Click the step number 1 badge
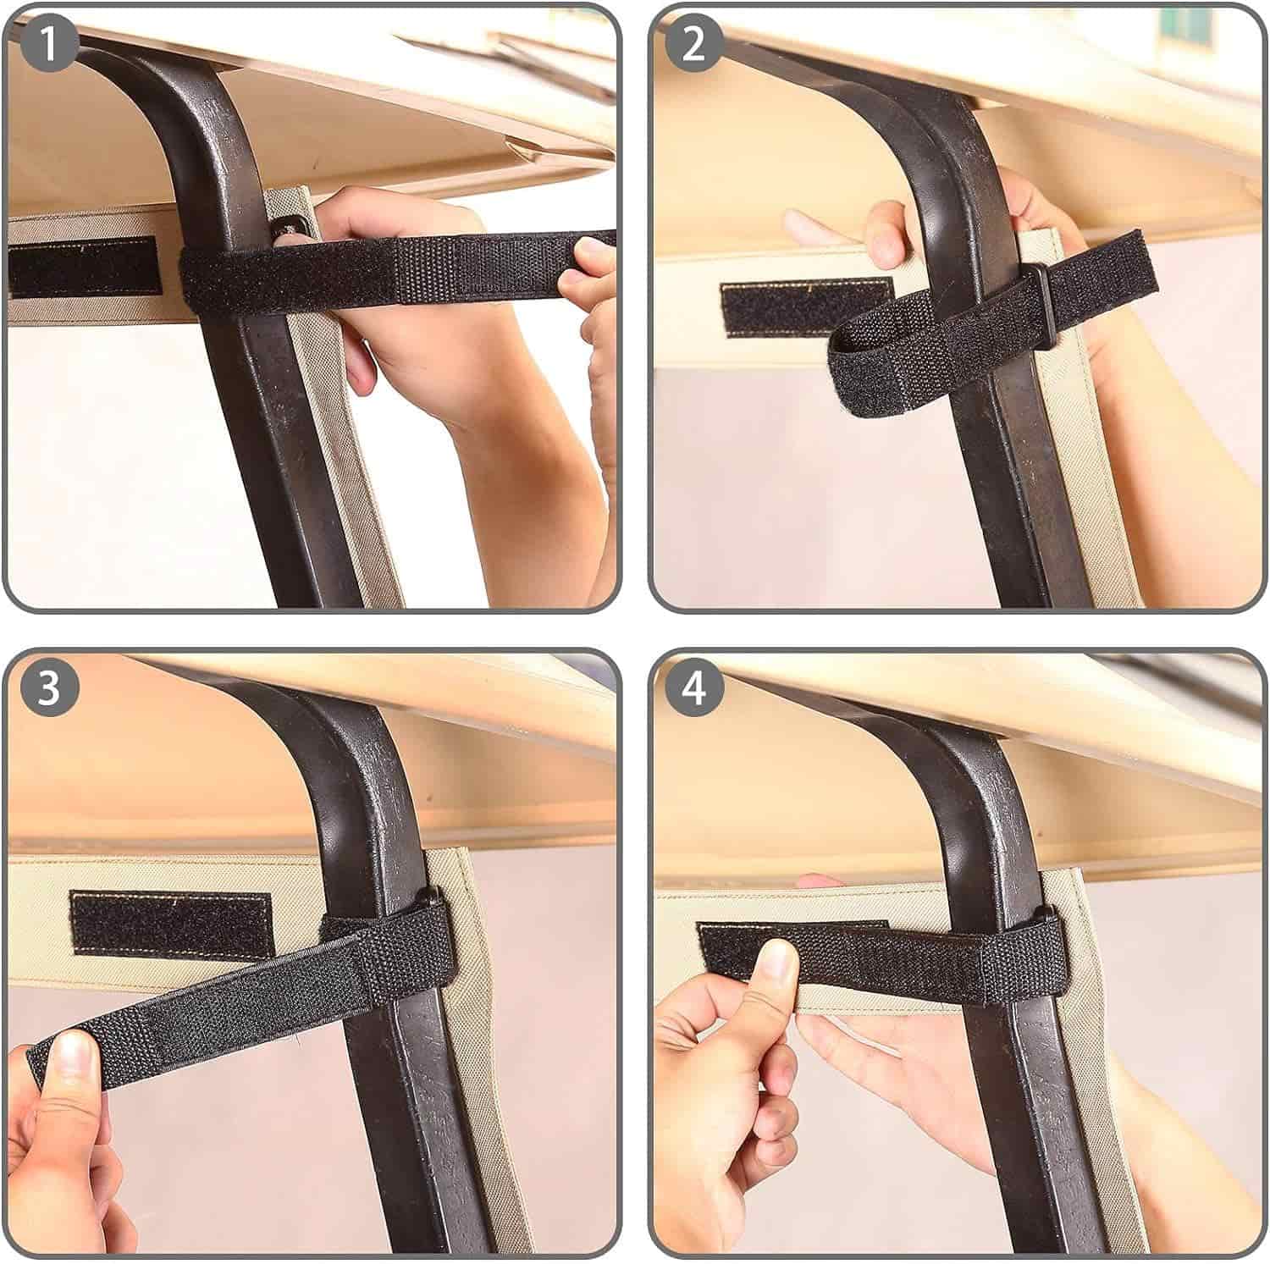click(x=50, y=44)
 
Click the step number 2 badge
click(x=693, y=44)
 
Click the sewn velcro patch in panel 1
click(x=83, y=266)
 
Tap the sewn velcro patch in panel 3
click(x=171, y=923)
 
